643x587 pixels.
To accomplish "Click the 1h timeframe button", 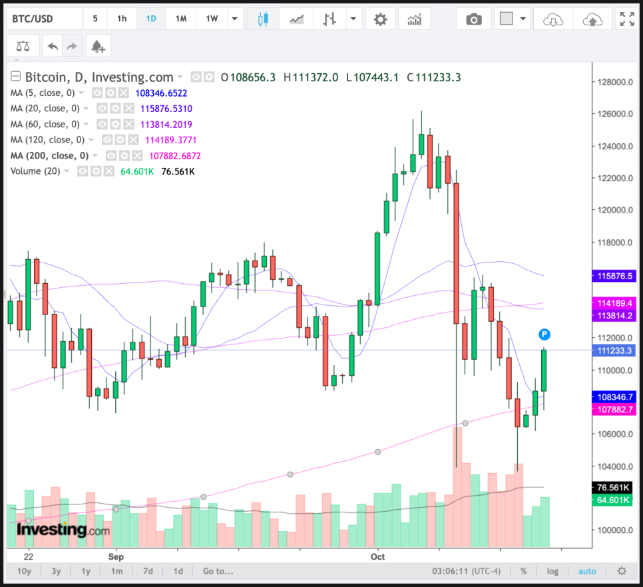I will click(122, 19).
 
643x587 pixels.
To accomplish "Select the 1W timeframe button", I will click(212, 19).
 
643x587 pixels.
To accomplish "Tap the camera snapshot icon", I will click(473, 19).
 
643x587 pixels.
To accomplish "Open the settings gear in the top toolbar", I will click(380, 19).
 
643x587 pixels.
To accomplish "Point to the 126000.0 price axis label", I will click(614, 114).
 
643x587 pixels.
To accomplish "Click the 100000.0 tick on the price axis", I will click(614, 530).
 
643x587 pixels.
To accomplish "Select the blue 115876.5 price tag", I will click(616, 275).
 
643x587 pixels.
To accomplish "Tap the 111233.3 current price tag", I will click(616, 350).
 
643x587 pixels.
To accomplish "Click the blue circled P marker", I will click(544, 334).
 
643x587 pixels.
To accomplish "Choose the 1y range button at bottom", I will click(86, 571).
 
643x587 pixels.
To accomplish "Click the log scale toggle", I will click(552, 571).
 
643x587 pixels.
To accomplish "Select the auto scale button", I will click(587, 571).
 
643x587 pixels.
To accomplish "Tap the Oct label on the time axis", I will click(377, 556).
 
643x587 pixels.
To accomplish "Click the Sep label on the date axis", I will click(116, 556).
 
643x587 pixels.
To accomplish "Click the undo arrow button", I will click(53, 46).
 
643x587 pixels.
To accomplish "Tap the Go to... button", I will click(218, 571).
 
